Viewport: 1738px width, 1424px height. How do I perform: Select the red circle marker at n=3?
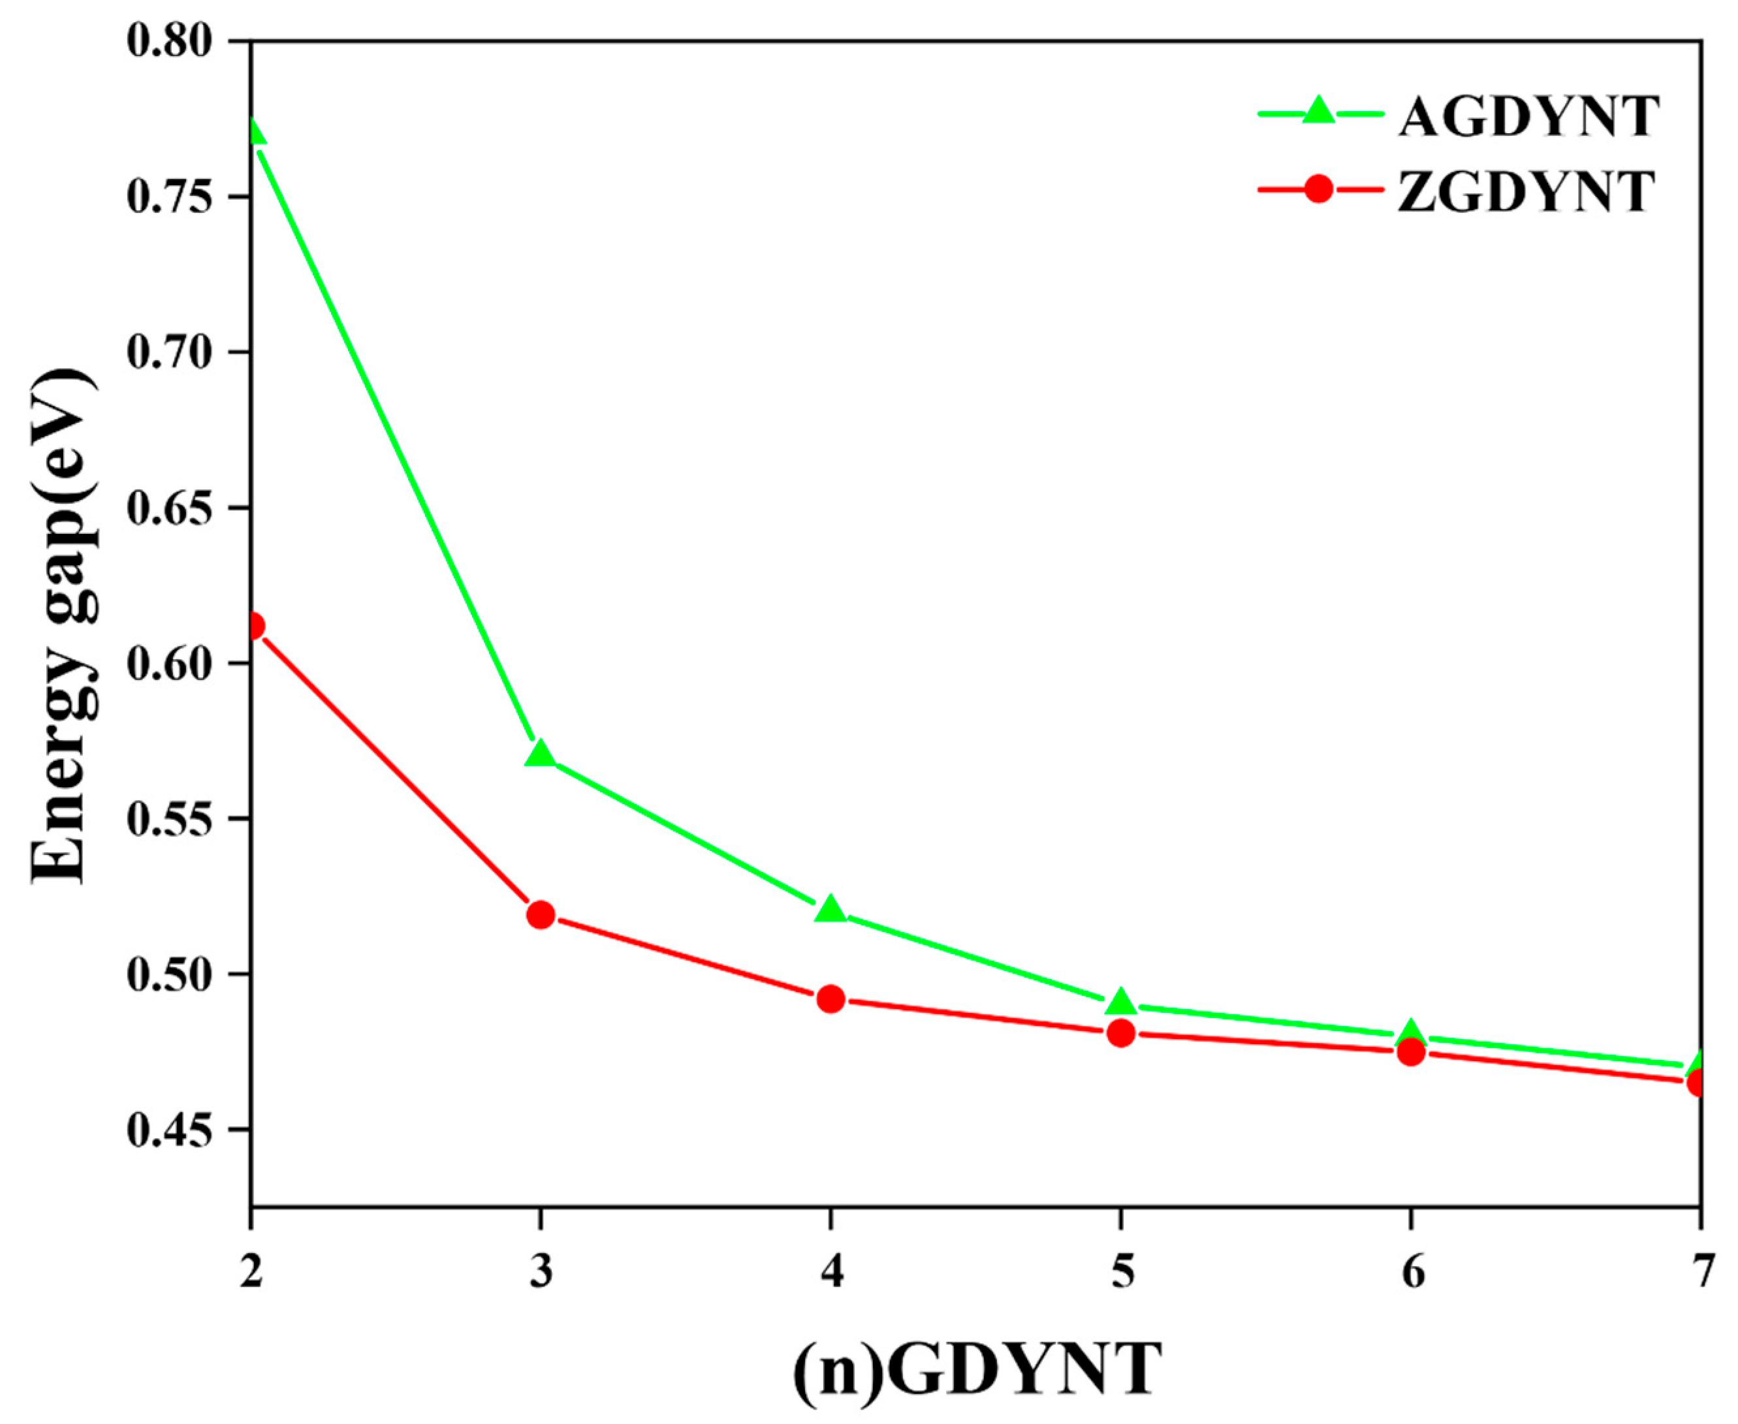[x=540, y=914]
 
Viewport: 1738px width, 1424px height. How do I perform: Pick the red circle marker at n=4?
[x=830, y=999]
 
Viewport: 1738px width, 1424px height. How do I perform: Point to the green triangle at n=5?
[x=1121, y=1003]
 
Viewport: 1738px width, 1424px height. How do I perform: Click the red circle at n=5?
[x=1121, y=1034]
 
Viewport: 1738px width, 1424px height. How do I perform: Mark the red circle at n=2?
[x=253, y=627]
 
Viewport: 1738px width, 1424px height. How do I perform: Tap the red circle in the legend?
[x=1318, y=189]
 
